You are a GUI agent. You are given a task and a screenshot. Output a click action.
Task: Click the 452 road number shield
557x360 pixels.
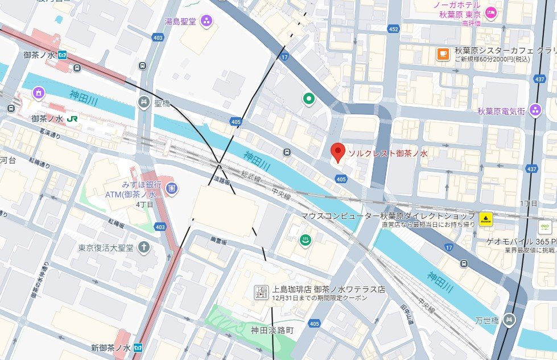(393, 28)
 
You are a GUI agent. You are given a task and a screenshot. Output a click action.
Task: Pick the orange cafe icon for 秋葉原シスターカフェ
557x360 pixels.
(442, 54)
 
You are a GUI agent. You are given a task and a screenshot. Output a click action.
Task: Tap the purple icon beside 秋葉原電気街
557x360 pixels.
(534, 110)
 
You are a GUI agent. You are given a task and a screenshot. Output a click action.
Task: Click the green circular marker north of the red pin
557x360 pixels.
(309, 100)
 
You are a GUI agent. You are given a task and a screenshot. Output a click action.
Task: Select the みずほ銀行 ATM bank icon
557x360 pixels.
(172, 188)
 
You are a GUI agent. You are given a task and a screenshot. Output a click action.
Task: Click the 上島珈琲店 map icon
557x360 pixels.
(261, 293)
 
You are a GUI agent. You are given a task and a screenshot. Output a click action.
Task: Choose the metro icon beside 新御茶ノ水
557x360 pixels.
(137, 347)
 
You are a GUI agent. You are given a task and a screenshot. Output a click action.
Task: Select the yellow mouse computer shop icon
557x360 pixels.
(485, 220)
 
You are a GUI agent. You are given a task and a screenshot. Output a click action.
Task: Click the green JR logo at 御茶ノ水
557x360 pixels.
(73, 119)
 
